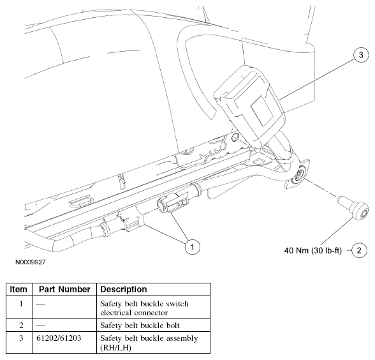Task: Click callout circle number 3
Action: pos(361,55)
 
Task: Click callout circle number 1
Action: pos(193,247)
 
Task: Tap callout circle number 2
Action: pos(359,250)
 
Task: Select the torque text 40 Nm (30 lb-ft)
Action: pos(312,251)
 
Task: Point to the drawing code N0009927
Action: pos(31,262)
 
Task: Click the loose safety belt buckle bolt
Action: pos(353,207)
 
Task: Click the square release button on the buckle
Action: pos(261,110)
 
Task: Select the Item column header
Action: pos(18,289)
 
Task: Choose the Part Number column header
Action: pos(64,289)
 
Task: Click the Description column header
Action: pos(124,289)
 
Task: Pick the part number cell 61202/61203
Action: pos(59,338)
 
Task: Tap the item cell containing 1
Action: pos(21,304)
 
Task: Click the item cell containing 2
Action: pos(21,326)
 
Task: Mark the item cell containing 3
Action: pos(21,338)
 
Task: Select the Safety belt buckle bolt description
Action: pos(140,326)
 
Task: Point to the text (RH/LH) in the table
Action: pos(116,347)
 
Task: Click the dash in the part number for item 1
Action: pos(40,304)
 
